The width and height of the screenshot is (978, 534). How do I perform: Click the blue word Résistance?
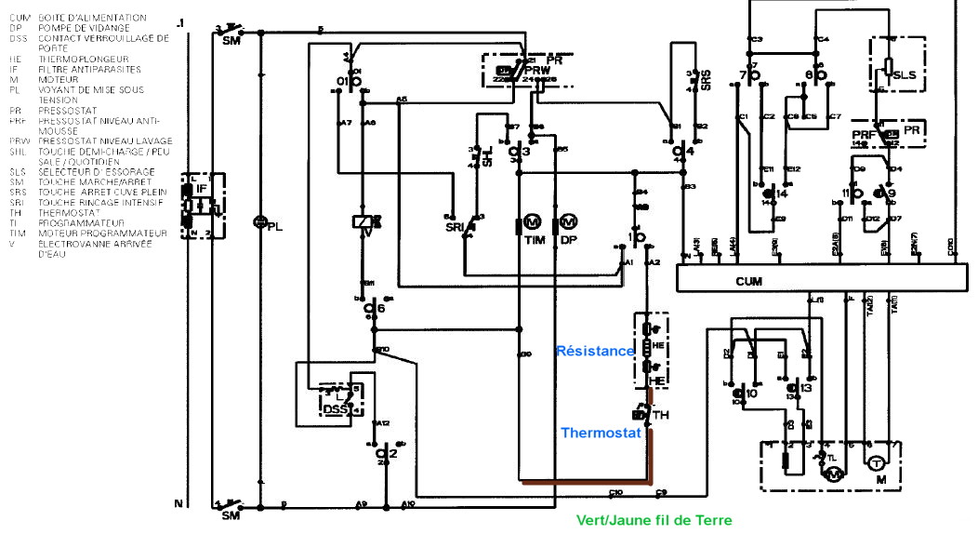click(x=595, y=351)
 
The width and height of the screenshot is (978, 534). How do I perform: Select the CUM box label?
click(x=749, y=280)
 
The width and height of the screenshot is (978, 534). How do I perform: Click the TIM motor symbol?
click(x=533, y=222)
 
